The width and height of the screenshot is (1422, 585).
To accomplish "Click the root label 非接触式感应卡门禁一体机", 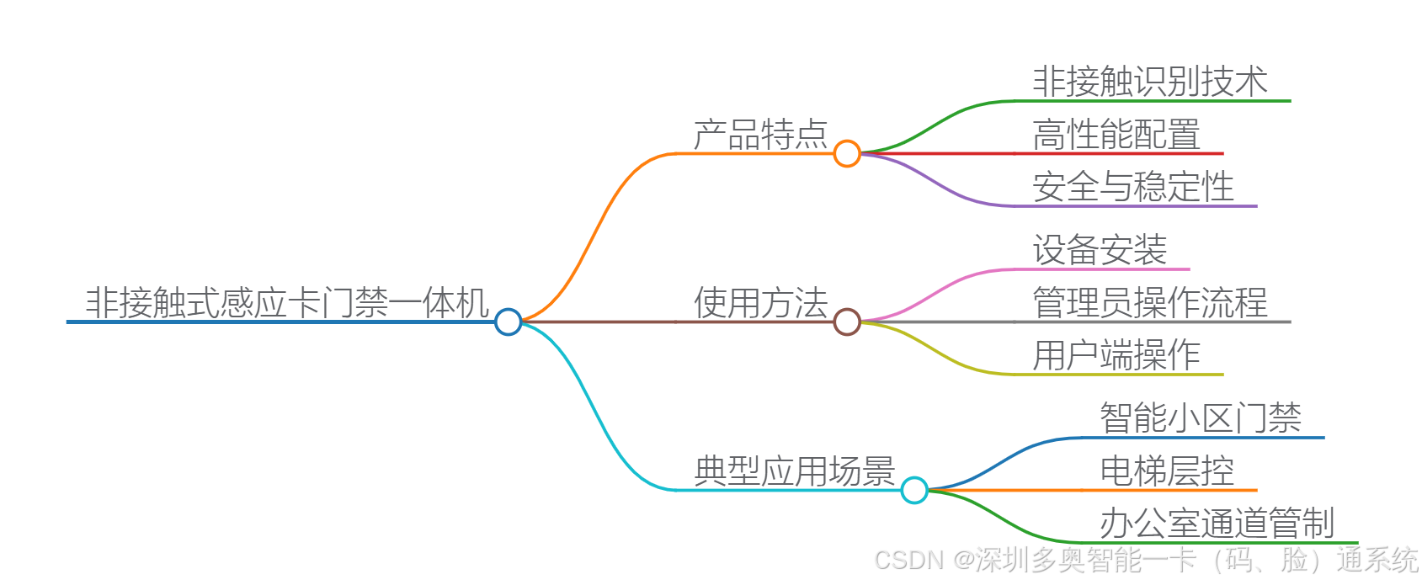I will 286,303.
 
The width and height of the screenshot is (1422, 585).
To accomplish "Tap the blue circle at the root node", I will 509,322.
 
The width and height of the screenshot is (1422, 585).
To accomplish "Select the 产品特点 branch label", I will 760,135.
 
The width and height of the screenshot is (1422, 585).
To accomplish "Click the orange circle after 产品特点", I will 847,153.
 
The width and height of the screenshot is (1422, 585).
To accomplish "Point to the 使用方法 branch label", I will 760,303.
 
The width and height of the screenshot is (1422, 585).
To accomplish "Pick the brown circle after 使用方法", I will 847,322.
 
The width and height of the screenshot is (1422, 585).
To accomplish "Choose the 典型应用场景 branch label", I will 794,471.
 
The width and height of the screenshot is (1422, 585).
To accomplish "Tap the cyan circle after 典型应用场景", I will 914,490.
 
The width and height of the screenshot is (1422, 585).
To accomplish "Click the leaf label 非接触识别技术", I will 1150,82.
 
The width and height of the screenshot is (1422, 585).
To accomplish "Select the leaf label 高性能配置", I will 1116,135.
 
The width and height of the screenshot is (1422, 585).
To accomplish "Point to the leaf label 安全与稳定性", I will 1133,187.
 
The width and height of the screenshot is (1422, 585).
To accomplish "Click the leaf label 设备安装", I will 1100,250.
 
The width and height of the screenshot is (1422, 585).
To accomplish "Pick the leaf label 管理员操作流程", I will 1150,303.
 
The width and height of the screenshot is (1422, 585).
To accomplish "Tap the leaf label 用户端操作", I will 1116,355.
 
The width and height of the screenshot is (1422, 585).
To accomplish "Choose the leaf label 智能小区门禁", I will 1201,418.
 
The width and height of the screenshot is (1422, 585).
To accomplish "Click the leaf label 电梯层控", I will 1167,471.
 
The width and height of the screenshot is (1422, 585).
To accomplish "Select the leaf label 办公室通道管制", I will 1217,524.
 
